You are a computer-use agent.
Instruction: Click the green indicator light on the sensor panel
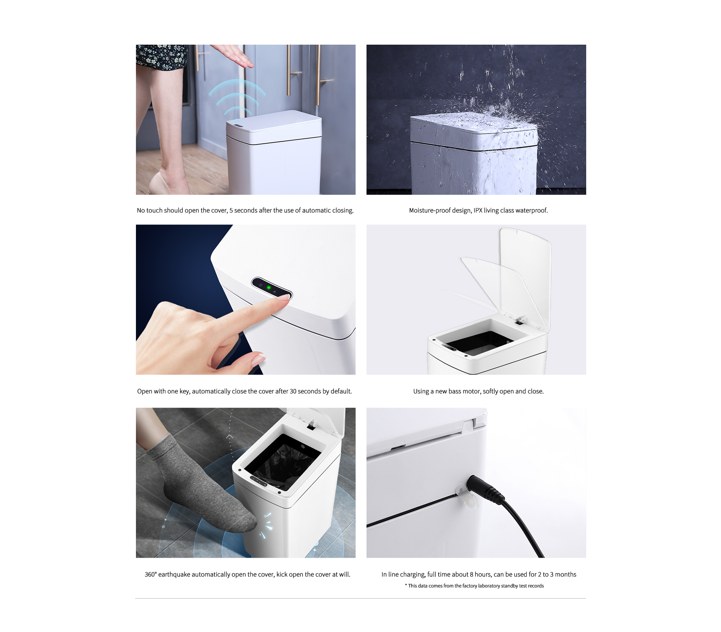[268, 287]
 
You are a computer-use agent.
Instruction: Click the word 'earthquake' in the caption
[174, 575]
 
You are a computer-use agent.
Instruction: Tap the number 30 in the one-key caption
[293, 391]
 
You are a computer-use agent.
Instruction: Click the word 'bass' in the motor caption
[454, 391]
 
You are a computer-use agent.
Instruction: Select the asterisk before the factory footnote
[406, 585]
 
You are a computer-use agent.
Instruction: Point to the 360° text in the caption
[151, 575]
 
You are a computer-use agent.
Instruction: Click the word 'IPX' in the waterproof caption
[478, 211]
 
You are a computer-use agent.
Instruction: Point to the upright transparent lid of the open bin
[525, 278]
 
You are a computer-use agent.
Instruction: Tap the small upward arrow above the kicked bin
[230, 437]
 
